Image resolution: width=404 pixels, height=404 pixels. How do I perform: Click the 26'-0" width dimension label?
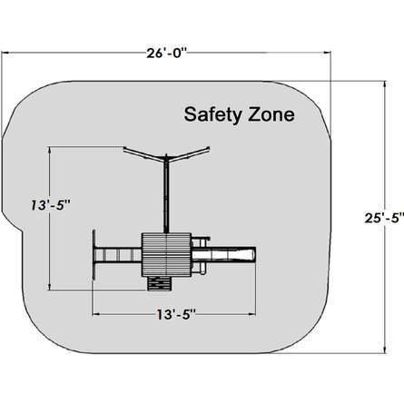coord(166,54)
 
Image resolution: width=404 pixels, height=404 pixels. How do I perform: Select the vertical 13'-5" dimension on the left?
coord(51,205)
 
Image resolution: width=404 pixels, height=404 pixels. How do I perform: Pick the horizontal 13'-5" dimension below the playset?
coord(176,315)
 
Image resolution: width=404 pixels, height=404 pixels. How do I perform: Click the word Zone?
coord(271,114)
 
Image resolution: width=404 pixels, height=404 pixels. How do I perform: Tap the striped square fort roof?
coord(166,254)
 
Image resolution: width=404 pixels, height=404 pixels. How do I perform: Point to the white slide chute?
coord(223,254)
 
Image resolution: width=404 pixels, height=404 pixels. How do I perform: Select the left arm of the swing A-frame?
coord(144,153)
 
